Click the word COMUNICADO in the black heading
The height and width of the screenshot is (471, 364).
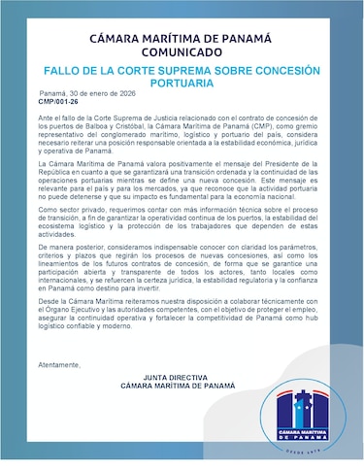click(x=182, y=54)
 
